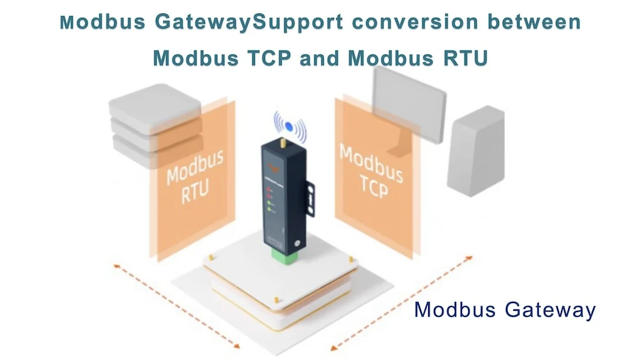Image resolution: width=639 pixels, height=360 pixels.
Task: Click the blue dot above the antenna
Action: [289, 126]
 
